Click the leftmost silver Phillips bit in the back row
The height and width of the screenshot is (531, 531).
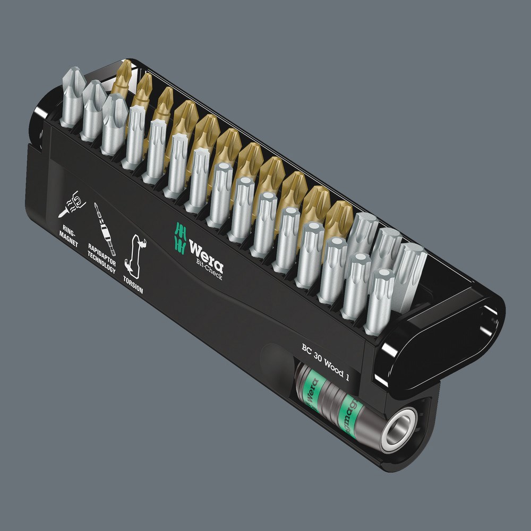coord(73,96)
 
